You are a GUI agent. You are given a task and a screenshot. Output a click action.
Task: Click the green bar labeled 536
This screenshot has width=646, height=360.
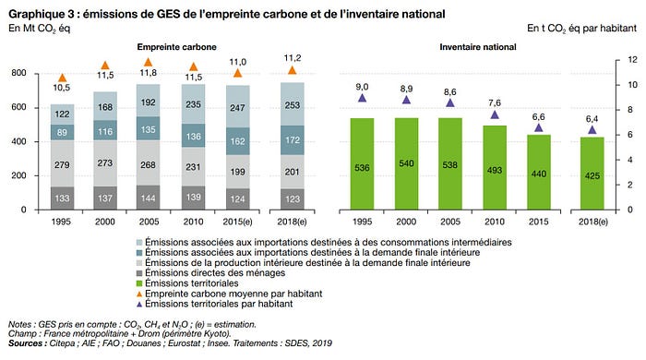[x=362, y=164]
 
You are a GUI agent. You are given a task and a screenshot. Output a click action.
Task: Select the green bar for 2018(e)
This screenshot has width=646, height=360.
[x=592, y=174]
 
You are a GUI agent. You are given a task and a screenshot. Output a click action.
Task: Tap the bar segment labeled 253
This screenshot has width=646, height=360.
[x=293, y=104]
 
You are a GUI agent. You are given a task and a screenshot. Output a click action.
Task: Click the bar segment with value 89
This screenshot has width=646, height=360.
[x=62, y=132]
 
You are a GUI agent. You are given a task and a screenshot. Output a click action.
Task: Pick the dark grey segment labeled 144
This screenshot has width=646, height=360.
[x=149, y=198]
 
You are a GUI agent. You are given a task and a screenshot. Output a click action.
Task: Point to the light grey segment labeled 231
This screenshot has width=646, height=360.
[x=193, y=167]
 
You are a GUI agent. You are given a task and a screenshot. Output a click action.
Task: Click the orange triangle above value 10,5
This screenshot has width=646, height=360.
[x=62, y=78]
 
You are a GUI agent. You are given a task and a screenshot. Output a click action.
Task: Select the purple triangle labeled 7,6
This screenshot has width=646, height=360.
[x=495, y=114]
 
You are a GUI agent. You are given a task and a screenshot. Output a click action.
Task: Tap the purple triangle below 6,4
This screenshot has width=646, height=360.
[x=592, y=130]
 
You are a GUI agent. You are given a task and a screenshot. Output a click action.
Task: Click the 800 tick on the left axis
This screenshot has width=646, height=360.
[x=19, y=73]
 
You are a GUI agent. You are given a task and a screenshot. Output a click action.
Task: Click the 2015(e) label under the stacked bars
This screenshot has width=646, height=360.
[x=238, y=222]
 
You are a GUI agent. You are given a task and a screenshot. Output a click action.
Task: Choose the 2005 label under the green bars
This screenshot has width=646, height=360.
[x=450, y=222]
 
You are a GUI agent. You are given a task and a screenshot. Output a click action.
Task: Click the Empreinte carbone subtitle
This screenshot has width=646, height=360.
[x=177, y=47]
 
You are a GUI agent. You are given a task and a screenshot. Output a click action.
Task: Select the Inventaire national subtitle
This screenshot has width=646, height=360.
[x=478, y=47]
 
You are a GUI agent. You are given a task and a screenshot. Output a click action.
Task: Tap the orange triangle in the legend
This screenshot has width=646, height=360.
[x=139, y=294]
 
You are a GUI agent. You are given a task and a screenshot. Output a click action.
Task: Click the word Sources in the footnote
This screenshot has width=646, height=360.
[x=25, y=343]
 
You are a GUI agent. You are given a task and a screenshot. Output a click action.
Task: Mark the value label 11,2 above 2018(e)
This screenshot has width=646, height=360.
[x=293, y=58]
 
